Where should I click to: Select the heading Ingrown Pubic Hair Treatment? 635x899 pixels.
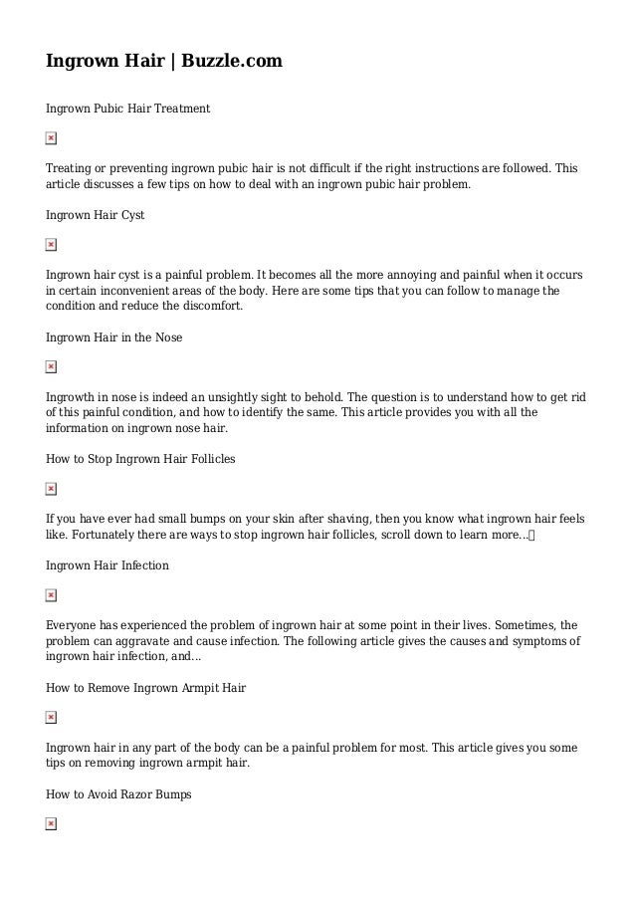[x=127, y=108]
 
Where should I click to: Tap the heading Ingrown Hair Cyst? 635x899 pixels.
[x=96, y=214]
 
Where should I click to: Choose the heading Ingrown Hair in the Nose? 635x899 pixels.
[x=113, y=337]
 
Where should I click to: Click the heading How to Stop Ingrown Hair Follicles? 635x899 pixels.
[x=140, y=459]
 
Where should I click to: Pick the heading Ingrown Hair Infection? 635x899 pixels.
[x=107, y=565]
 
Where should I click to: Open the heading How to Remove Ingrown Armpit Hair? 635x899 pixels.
[x=145, y=688]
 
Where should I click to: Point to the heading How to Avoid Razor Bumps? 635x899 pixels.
[x=118, y=794]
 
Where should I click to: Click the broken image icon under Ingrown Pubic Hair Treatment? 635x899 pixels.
[x=51, y=138]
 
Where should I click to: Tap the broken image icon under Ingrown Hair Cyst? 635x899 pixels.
[x=51, y=245]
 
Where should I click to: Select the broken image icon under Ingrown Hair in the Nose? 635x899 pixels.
[x=51, y=367]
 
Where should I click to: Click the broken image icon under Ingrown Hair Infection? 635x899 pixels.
[x=51, y=596]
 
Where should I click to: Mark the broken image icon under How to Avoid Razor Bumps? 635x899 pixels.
[x=51, y=825]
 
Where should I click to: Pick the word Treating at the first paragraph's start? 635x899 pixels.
[x=72, y=169]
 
